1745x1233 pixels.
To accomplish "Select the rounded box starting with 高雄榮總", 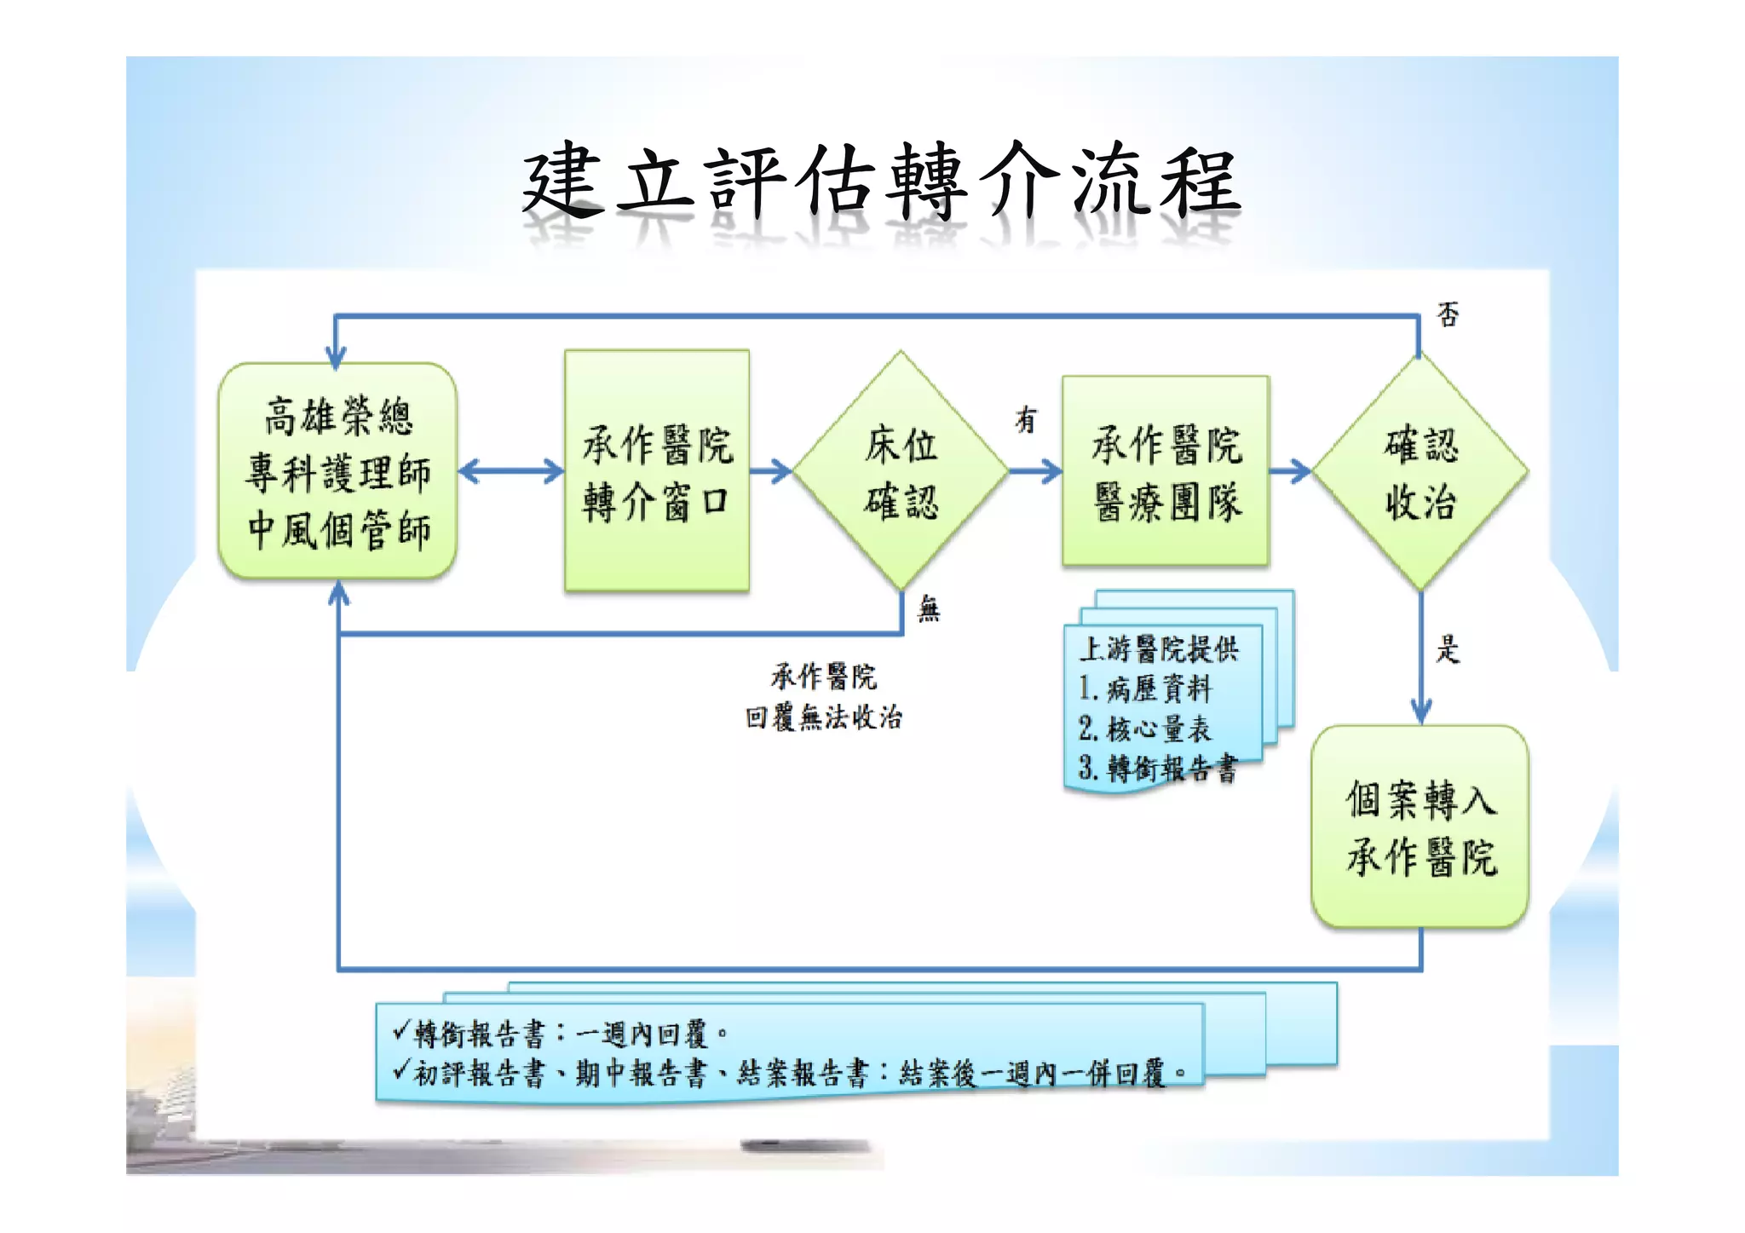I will (x=337, y=471).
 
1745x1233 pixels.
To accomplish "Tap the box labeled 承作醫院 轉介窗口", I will (x=656, y=470).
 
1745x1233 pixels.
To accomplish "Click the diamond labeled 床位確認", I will (x=901, y=470).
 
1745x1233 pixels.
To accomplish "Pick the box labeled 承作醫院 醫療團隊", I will (x=1165, y=470).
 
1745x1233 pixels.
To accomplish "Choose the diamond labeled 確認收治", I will (x=1420, y=470).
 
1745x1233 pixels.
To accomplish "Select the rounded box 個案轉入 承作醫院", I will (x=1420, y=827).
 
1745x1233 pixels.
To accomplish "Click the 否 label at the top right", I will (x=1448, y=314).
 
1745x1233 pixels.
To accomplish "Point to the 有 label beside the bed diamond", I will (x=1027, y=419).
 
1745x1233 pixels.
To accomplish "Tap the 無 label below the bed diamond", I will (x=929, y=608).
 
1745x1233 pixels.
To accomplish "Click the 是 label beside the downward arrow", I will (x=1448, y=649).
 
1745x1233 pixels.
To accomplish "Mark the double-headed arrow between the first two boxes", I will (x=510, y=470).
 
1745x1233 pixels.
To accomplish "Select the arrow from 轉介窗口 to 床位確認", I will (x=771, y=470).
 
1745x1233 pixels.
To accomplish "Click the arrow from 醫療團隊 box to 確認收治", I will (x=1290, y=470).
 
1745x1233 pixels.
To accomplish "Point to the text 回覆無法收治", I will (x=823, y=717).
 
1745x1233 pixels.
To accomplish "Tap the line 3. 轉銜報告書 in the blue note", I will (x=1157, y=769).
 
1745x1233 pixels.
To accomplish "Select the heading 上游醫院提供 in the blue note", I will (x=1159, y=649).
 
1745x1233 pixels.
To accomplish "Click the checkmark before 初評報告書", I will (x=401, y=1069).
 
